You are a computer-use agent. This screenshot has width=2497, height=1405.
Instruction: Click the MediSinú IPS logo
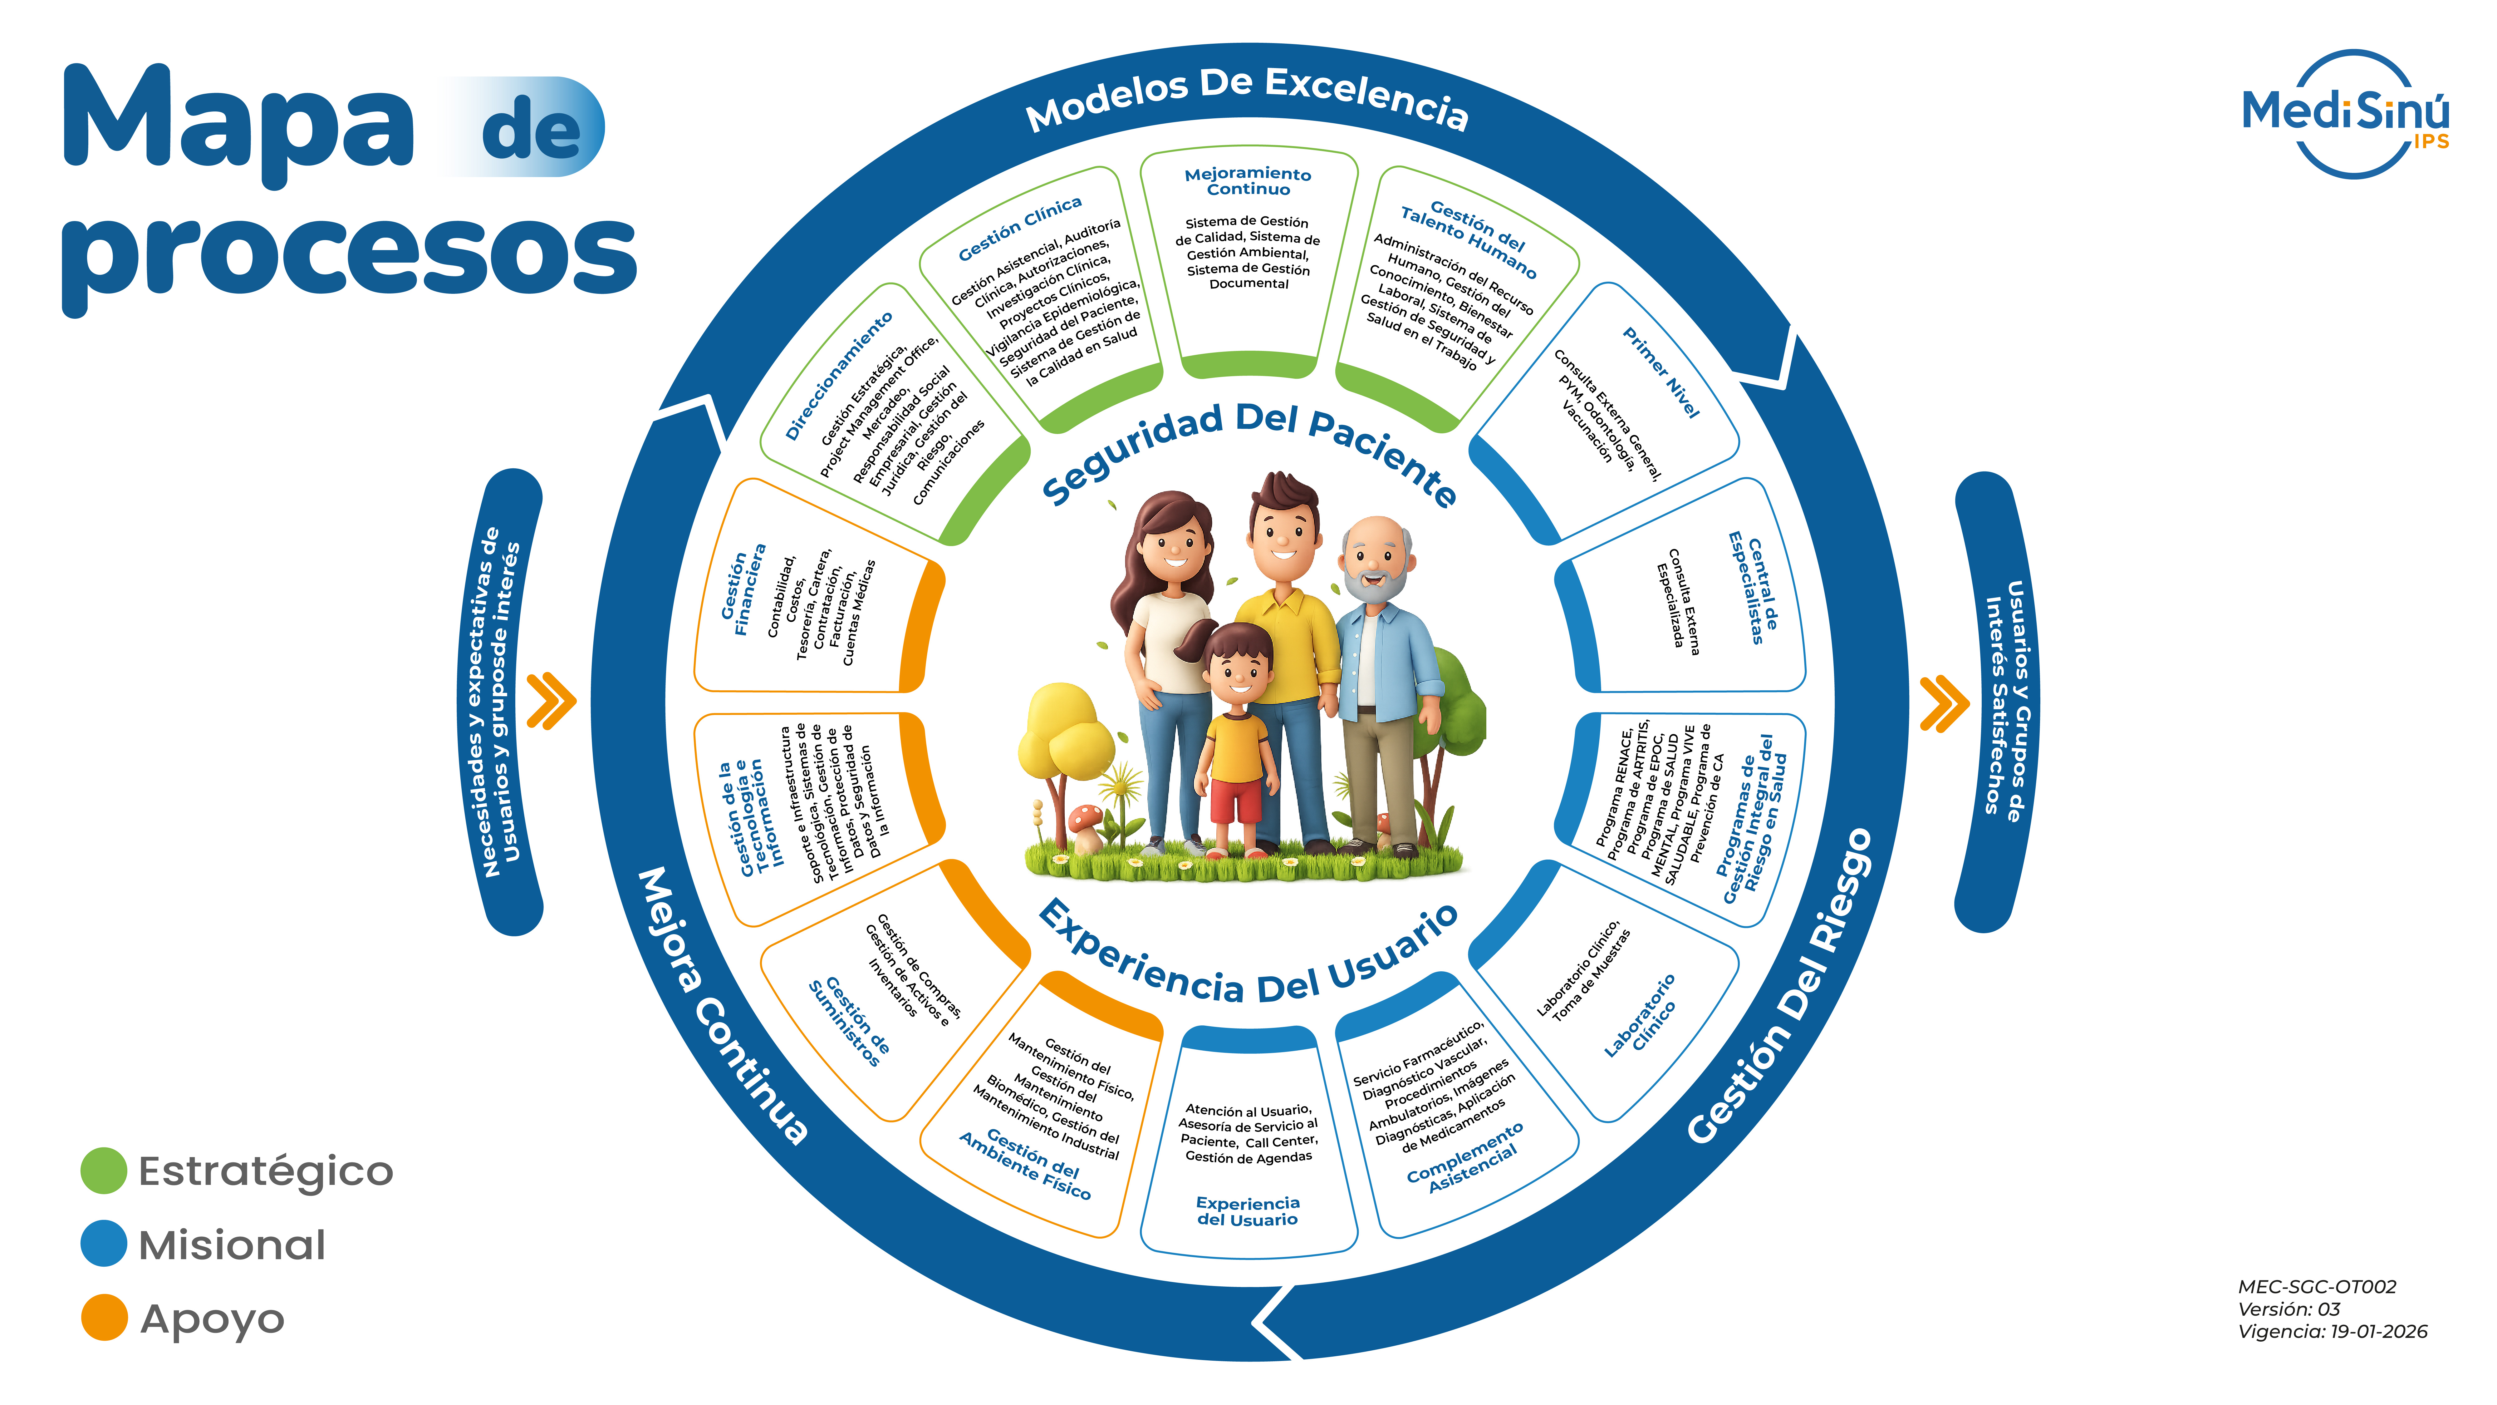click(x=2346, y=114)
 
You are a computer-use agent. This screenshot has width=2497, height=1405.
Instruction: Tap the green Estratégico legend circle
click(x=104, y=1170)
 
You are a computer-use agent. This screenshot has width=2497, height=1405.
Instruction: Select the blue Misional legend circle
click(x=104, y=1244)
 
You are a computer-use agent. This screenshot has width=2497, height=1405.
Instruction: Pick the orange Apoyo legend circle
click(x=104, y=1318)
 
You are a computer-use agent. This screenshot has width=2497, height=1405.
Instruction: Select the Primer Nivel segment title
click(x=1661, y=372)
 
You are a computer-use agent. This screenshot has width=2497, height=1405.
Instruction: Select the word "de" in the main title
click(x=531, y=129)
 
